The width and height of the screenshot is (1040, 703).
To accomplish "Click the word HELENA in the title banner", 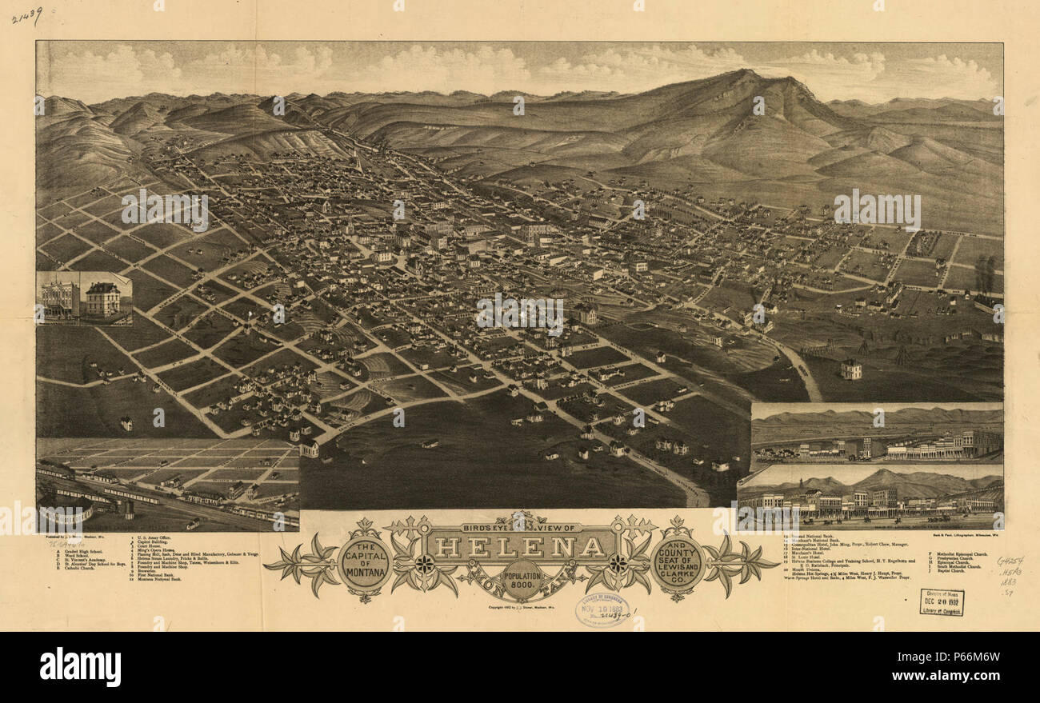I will click(x=520, y=548).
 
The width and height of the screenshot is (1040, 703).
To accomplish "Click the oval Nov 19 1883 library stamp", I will click(x=602, y=609).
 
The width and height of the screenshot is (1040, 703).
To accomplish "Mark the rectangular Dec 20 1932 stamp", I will click(x=942, y=601).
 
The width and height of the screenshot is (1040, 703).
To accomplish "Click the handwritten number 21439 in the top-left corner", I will click(x=26, y=15).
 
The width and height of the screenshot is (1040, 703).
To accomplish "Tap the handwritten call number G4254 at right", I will click(x=1009, y=561).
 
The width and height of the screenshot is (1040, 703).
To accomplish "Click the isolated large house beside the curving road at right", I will click(x=850, y=369).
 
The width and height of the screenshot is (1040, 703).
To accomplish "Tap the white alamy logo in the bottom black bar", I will click(x=80, y=666).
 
